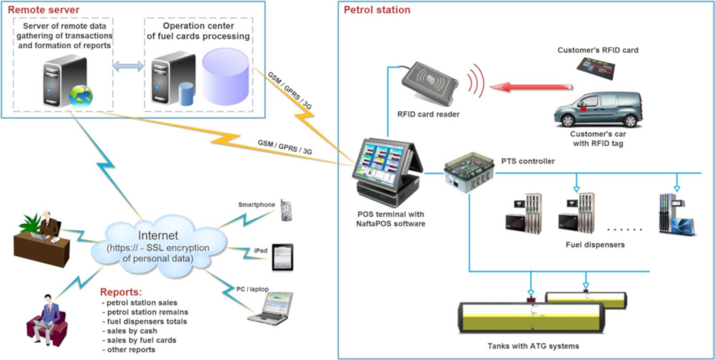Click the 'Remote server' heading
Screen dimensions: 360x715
click(x=43, y=10)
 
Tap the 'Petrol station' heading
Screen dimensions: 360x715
click(x=377, y=10)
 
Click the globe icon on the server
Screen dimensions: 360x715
click(x=80, y=96)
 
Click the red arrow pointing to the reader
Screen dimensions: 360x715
click(x=531, y=87)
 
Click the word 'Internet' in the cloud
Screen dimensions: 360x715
click(x=158, y=236)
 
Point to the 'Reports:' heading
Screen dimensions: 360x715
click(x=121, y=292)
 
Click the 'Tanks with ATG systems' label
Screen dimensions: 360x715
click(x=533, y=346)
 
